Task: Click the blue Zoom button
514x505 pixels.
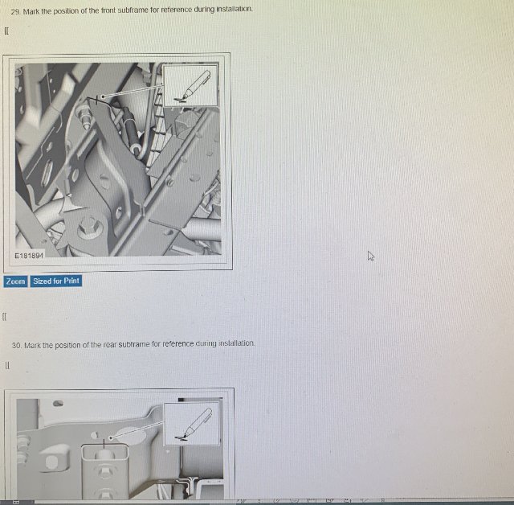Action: pyautogui.click(x=15, y=281)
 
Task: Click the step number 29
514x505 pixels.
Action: pyautogui.click(x=15, y=12)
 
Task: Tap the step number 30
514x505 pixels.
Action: pyautogui.click(x=17, y=346)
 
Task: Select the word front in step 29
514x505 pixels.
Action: pyautogui.click(x=108, y=10)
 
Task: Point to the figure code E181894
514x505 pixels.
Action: pyautogui.click(x=29, y=255)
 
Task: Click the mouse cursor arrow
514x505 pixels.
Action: pyautogui.click(x=371, y=256)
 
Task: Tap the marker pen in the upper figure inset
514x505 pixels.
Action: pyautogui.click(x=193, y=86)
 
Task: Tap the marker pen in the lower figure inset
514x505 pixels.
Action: pyautogui.click(x=194, y=423)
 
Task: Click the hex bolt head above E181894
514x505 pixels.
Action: pyautogui.click(x=89, y=228)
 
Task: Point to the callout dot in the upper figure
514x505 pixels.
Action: pyautogui.click(x=103, y=96)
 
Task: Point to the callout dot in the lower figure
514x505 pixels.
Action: pyautogui.click(x=111, y=437)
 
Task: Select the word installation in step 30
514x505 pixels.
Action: pyautogui.click(x=236, y=343)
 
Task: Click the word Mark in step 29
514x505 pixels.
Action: pyautogui.click(x=31, y=11)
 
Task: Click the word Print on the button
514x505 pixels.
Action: pyautogui.click(x=71, y=281)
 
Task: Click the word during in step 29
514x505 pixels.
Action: pyautogui.click(x=204, y=10)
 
